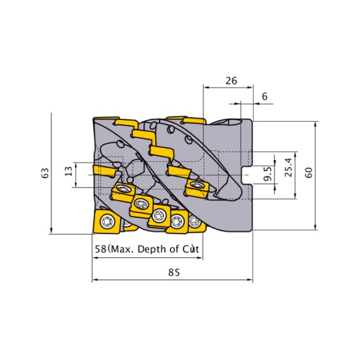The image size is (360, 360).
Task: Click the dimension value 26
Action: click(x=231, y=81)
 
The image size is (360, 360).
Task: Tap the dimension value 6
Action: click(x=265, y=96)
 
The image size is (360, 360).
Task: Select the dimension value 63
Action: click(x=45, y=173)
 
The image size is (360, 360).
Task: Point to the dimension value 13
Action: click(x=69, y=171)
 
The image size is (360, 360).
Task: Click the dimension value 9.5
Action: click(x=267, y=174)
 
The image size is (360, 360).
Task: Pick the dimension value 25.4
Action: click(x=288, y=167)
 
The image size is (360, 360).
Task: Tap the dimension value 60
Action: click(x=309, y=172)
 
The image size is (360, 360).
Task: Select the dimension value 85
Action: click(x=174, y=272)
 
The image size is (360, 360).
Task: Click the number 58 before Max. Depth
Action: click(x=101, y=249)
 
